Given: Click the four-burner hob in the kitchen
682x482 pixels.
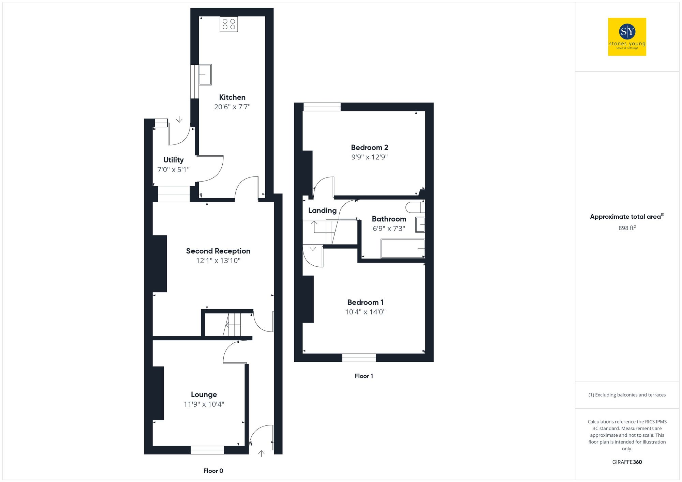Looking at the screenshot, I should (229, 24).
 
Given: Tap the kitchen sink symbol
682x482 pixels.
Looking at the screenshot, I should (205, 75).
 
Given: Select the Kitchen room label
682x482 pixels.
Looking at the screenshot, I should (232, 97).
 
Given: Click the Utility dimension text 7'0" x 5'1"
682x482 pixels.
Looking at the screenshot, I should (173, 170).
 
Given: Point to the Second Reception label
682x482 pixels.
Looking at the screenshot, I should (218, 251).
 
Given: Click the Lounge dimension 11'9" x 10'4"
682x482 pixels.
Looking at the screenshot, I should (204, 404).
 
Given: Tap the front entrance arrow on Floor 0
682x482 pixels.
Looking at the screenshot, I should (261, 453).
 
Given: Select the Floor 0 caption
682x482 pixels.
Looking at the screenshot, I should (213, 471).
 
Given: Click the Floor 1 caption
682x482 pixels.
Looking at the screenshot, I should (364, 376).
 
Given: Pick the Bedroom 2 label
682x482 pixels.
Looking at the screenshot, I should (370, 147).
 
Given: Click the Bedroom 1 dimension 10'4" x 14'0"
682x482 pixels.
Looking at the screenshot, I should (365, 312).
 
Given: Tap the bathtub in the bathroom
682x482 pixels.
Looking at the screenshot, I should (403, 249).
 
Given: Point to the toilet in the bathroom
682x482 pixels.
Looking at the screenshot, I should (415, 207).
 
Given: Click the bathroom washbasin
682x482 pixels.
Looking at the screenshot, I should (420, 225).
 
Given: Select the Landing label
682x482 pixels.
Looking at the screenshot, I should (322, 211).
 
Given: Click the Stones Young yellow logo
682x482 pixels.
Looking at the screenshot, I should (627, 37).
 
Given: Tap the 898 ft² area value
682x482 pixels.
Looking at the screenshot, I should (627, 228).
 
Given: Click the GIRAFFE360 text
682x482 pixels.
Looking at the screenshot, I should (627, 462).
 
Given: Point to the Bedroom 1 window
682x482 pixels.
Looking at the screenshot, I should (359, 358).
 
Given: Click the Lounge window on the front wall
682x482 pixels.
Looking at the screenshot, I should (207, 450).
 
